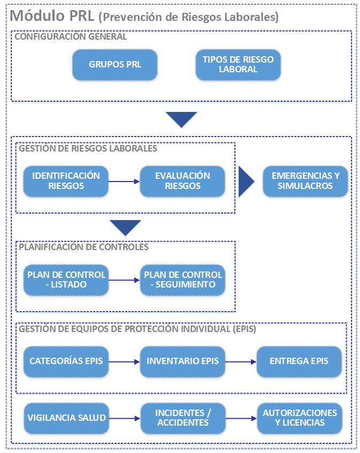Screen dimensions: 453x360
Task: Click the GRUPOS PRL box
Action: (115, 65)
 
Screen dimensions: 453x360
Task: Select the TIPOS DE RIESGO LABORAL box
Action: (238, 64)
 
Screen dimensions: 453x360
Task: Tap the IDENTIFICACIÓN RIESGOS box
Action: (66, 181)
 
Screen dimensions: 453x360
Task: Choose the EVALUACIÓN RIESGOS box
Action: (182, 181)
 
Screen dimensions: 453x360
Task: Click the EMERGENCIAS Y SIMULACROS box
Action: (305, 181)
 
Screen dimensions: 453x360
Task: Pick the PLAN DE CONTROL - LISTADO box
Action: (66, 280)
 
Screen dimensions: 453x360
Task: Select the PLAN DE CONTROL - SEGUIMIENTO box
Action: (182, 280)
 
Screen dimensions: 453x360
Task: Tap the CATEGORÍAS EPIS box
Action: (66, 361)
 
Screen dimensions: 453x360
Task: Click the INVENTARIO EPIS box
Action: (182, 361)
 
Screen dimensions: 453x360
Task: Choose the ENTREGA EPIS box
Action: (299, 361)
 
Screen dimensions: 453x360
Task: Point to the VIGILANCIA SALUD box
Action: (66, 418)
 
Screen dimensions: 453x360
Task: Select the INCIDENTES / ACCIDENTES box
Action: (182, 418)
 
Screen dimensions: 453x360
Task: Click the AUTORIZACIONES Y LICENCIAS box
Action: (299, 418)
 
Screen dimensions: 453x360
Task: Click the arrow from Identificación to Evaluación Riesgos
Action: (124, 182)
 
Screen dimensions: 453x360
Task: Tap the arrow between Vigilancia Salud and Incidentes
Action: (124, 418)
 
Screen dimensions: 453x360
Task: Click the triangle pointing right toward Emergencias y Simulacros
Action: (245, 182)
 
